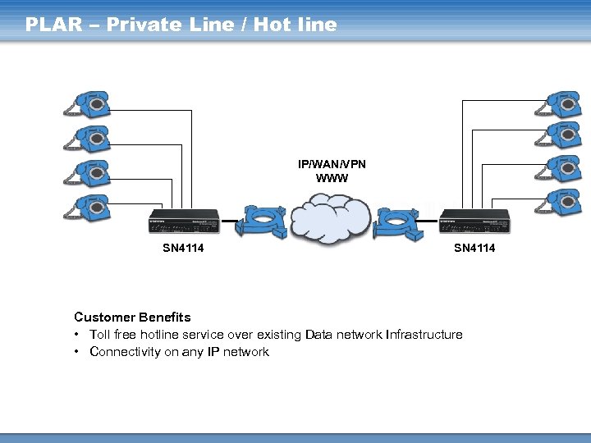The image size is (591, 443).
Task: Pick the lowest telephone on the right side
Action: point(557,200)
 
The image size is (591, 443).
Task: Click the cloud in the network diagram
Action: point(328,217)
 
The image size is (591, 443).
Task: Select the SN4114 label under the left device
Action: point(183,249)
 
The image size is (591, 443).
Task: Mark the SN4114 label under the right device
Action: point(475,249)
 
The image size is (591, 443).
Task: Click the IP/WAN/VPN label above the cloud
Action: point(332,164)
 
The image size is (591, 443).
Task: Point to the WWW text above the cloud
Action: point(332,178)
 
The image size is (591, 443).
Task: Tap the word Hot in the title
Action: point(272,25)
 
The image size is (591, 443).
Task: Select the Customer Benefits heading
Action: point(132,317)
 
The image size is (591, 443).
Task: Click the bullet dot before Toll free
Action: point(76,335)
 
